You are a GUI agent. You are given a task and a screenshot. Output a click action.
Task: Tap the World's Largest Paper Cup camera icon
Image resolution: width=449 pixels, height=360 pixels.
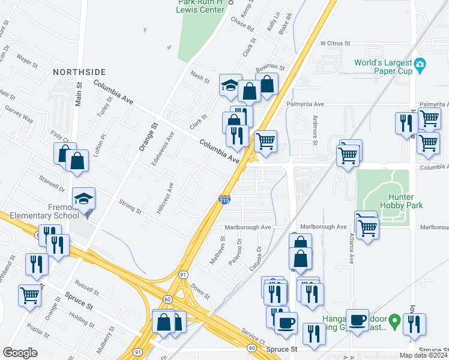point(421,64)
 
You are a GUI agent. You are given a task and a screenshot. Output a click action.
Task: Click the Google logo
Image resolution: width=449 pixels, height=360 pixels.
point(20,352)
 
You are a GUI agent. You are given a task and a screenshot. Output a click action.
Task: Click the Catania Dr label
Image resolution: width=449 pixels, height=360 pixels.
point(259,256)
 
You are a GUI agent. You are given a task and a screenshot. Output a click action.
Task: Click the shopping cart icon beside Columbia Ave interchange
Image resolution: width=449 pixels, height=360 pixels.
point(265,141)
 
